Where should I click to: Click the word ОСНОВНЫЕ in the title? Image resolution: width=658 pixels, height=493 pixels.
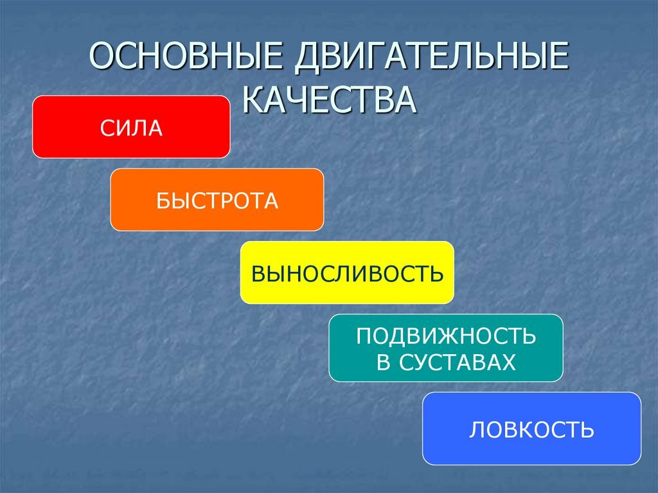pyautogui.click(x=185, y=55)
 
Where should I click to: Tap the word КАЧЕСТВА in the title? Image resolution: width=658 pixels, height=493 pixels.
pyautogui.click(x=330, y=100)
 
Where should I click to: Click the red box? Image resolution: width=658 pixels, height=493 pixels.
pyautogui.click(x=131, y=127)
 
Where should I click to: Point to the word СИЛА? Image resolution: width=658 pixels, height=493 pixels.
pyautogui.click(x=131, y=128)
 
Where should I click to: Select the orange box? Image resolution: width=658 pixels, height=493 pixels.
pyautogui.click(x=217, y=199)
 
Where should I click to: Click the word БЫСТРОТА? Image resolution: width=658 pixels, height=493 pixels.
pyautogui.click(x=217, y=201)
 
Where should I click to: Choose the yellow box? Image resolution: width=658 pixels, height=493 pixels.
pyautogui.click(x=347, y=273)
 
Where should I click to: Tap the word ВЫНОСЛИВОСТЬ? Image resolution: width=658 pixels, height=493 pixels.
pyautogui.click(x=347, y=273)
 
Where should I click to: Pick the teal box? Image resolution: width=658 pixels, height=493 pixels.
pyautogui.click(x=446, y=348)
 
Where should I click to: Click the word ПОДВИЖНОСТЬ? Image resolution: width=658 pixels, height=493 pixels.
pyautogui.click(x=446, y=336)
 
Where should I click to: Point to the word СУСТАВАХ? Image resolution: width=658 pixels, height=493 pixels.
pyautogui.click(x=457, y=363)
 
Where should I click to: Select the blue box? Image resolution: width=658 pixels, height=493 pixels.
pyautogui.click(x=531, y=428)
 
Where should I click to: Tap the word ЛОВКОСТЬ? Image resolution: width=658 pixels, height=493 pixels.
pyautogui.click(x=531, y=429)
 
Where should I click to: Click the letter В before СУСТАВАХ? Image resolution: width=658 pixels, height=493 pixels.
pyautogui.click(x=383, y=363)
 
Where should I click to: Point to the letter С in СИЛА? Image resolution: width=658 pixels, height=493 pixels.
pyautogui.click(x=107, y=128)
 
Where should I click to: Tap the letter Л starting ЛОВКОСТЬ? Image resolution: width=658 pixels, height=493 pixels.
pyautogui.click(x=476, y=429)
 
